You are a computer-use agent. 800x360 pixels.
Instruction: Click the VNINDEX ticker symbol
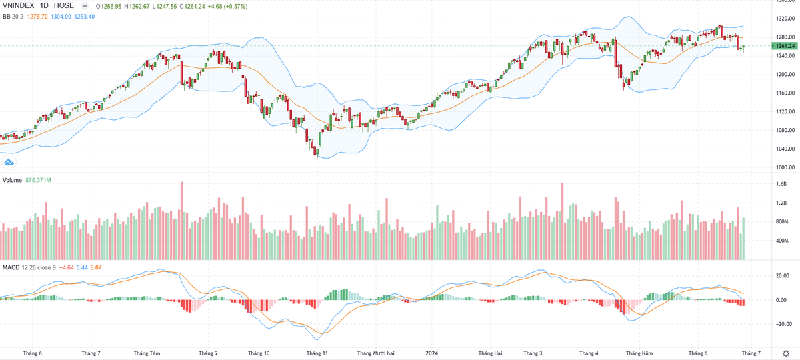(20, 5)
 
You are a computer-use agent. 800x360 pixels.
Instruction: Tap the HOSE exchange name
(64, 5)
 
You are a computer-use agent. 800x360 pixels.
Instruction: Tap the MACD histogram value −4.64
(67, 267)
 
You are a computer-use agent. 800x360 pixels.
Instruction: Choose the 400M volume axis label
(781, 240)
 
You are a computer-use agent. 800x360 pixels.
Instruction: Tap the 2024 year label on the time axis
(432, 353)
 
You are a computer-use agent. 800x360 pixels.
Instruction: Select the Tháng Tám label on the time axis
(147, 353)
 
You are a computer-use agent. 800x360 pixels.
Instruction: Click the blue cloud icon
(9, 161)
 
